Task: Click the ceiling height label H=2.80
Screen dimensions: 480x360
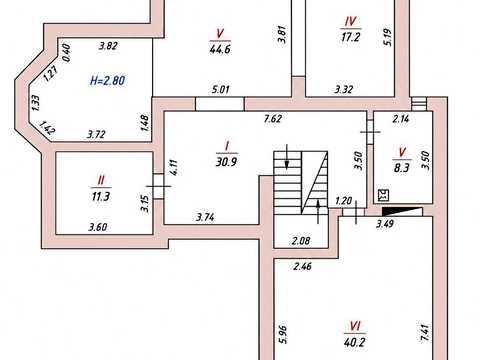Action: [x=107, y=81]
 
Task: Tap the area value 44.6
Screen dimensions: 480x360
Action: [x=220, y=49]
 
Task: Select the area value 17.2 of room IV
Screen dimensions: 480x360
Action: [x=350, y=37]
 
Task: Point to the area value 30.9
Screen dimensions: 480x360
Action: [x=226, y=162]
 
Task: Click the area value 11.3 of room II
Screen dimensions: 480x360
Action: [x=101, y=196]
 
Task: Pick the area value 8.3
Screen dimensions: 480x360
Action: [x=401, y=168]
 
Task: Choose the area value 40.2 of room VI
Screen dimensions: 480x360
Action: [x=354, y=342]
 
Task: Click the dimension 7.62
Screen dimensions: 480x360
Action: [x=273, y=119]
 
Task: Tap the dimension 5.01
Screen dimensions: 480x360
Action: [x=220, y=89]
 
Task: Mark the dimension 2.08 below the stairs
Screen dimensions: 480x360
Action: [x=301, y=240]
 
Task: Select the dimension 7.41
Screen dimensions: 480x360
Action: [x=427, y=333]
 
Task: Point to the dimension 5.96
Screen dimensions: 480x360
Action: [x=282, y=334]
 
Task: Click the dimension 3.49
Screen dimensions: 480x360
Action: [x=385, y=224]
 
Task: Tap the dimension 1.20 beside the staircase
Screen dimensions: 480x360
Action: [x=343, y=201]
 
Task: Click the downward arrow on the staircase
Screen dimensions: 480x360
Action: [x=287, y=157]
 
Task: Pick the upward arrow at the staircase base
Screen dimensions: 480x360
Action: [x=318, y=212]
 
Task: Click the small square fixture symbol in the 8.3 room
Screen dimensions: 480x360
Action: [x=384, y=196]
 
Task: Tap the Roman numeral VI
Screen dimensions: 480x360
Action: [x=355, y=326]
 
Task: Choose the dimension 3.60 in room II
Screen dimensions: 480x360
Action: [x=98, y=227]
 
